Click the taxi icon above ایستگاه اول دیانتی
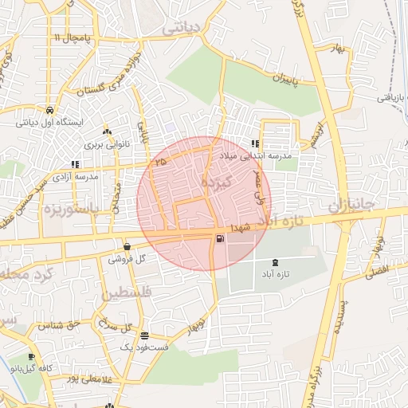[50, 111]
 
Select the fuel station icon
[219, 237]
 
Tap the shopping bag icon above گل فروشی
[127, 246]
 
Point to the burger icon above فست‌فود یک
[144, 335]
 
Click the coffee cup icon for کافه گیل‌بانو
[31, 357]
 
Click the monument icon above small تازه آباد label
[276, 261]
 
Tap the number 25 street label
[162, 162]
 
